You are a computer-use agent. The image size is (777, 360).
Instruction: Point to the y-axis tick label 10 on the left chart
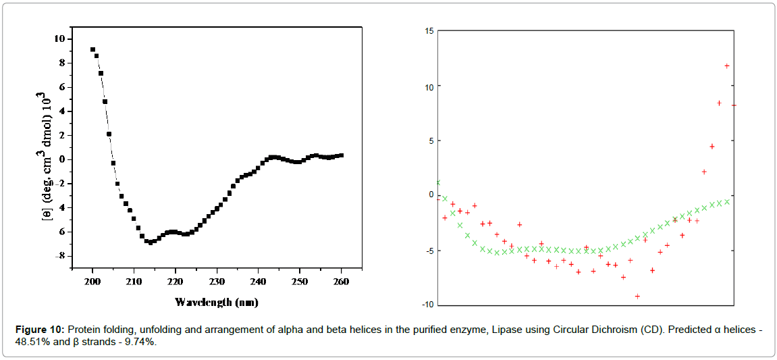59,38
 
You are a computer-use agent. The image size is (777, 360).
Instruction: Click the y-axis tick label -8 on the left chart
59,256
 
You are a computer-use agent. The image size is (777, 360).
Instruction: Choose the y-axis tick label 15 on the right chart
429,31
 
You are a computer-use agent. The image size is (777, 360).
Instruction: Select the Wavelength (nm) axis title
216,302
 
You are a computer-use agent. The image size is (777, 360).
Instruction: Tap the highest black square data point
93,49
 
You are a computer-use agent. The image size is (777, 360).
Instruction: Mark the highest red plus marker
726,66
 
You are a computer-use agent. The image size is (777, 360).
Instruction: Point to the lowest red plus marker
637,296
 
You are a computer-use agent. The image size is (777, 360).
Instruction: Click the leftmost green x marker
438,182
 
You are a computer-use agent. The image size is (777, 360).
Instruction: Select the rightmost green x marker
726,201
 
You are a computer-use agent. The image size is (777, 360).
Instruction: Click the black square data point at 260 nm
341,155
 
